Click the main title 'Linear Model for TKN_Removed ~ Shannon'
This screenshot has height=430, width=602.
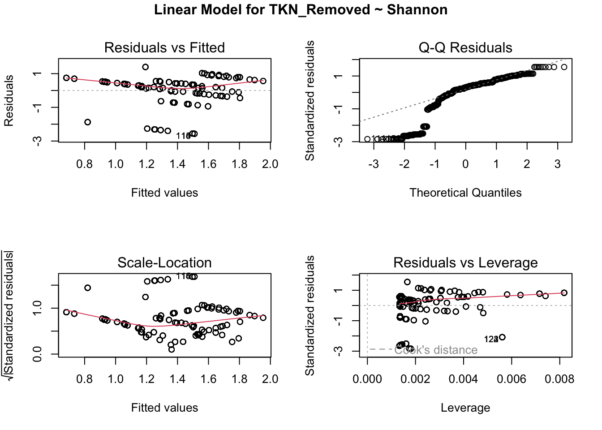coord(301,10)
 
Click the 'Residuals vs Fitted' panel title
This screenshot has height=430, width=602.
coord(164,47)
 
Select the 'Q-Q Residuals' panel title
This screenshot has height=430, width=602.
coord(465,47)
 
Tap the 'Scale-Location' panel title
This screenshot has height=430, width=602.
coord(164,262)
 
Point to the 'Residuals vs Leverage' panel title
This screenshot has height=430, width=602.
coord(465,262)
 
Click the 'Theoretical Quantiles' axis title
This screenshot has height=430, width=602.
coord(465,193)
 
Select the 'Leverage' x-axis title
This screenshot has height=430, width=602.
coord(465,408)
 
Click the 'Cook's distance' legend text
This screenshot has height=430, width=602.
coord(436,350)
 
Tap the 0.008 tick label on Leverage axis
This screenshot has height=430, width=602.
coord(559,379)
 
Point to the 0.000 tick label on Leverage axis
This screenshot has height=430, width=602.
coord(367,379)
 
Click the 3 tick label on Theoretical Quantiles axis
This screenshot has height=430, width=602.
coord(557,164)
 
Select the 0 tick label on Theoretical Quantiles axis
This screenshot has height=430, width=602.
coord(465,164)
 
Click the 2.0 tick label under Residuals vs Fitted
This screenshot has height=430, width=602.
coord(270,164)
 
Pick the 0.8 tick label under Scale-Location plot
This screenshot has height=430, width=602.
coord(85,379)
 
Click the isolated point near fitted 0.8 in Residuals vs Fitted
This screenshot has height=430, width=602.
coord(88,122)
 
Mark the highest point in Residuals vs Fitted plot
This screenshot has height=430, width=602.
coord(146,67)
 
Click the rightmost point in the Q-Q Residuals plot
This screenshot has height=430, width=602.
coord(564,67)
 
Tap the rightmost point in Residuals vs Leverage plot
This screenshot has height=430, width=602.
coord(564,293)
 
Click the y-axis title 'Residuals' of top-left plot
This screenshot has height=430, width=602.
coord(9,100)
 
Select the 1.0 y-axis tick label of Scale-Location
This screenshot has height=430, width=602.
coord(38,308)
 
